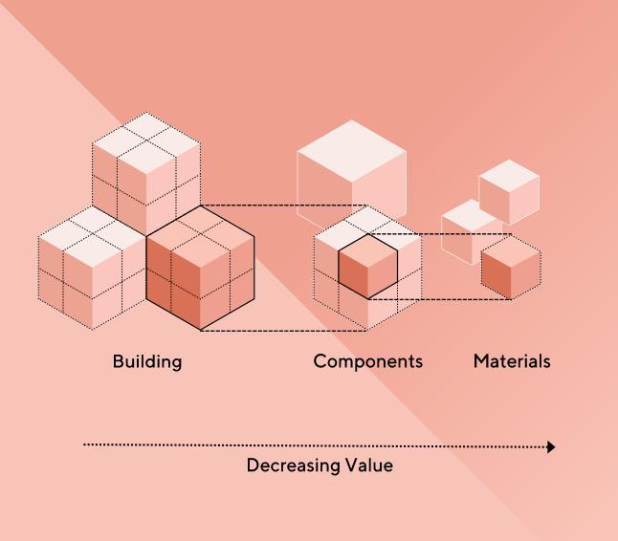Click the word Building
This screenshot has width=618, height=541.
146,361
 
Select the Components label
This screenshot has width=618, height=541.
367,361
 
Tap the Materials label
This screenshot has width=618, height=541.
512,361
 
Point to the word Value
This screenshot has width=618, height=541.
368,465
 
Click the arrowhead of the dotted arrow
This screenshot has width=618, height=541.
551,446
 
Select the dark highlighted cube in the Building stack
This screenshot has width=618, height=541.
201,270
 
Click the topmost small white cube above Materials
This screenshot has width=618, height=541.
509,191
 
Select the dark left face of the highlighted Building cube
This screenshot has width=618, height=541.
173,287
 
